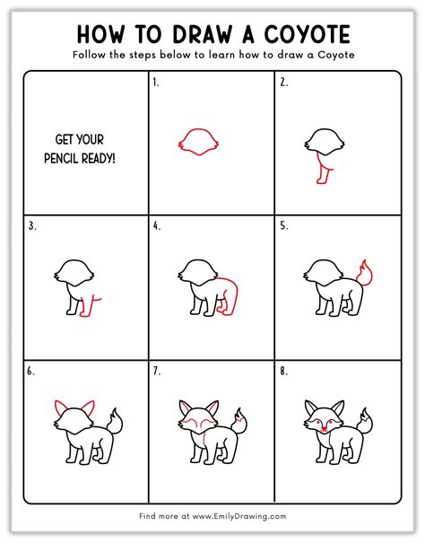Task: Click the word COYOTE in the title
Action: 308,35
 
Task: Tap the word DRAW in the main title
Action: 203,35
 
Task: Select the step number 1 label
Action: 156,83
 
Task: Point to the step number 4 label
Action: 157,226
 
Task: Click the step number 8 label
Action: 284,372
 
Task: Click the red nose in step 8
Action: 324,429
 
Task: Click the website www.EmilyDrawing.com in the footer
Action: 239,516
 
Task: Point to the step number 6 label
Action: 30,372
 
